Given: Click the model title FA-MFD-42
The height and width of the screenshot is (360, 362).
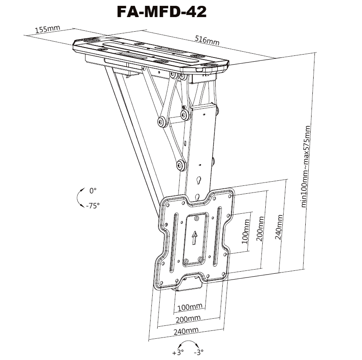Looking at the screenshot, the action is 162,12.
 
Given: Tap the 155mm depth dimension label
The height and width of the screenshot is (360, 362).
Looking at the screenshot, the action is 47,29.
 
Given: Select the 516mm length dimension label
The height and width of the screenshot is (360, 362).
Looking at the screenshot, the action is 207,40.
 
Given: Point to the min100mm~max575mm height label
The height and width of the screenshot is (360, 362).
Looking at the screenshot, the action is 305,167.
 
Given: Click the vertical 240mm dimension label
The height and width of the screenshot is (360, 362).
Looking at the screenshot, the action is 279,227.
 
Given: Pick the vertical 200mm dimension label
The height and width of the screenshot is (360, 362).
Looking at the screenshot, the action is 260,229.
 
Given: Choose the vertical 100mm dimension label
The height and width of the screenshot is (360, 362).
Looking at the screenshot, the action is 245,231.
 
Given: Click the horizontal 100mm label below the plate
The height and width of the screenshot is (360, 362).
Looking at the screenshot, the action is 190,307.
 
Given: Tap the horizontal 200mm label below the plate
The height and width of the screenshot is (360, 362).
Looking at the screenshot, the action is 188,319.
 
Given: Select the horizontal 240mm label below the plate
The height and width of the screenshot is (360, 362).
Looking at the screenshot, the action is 186,331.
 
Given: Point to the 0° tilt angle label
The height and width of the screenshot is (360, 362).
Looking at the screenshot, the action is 93,191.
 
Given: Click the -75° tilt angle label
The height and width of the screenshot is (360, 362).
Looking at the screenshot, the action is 93,205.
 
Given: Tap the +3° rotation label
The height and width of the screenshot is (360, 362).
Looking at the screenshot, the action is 178,352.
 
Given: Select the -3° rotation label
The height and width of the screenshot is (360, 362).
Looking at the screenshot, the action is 199,352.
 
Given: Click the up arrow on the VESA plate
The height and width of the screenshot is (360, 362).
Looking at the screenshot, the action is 195,238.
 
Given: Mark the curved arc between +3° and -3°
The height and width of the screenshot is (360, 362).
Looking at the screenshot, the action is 189,341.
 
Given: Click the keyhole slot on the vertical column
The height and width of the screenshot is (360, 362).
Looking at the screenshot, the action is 199,180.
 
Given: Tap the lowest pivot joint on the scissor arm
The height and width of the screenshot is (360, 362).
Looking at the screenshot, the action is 181,165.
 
